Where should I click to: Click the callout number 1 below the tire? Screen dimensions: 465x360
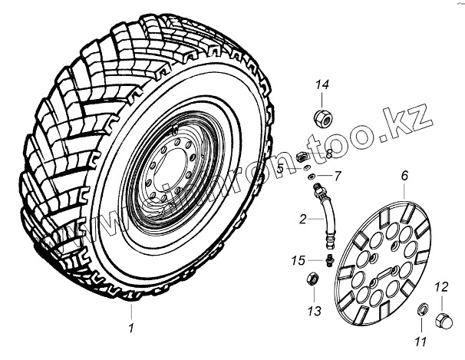click(131, 329)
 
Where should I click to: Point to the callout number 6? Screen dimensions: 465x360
click(404, 176)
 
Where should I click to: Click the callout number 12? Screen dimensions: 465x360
click(441, 288)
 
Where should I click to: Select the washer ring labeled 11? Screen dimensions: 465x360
click(422, 310)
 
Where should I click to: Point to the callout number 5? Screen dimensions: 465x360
click(281, 168)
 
